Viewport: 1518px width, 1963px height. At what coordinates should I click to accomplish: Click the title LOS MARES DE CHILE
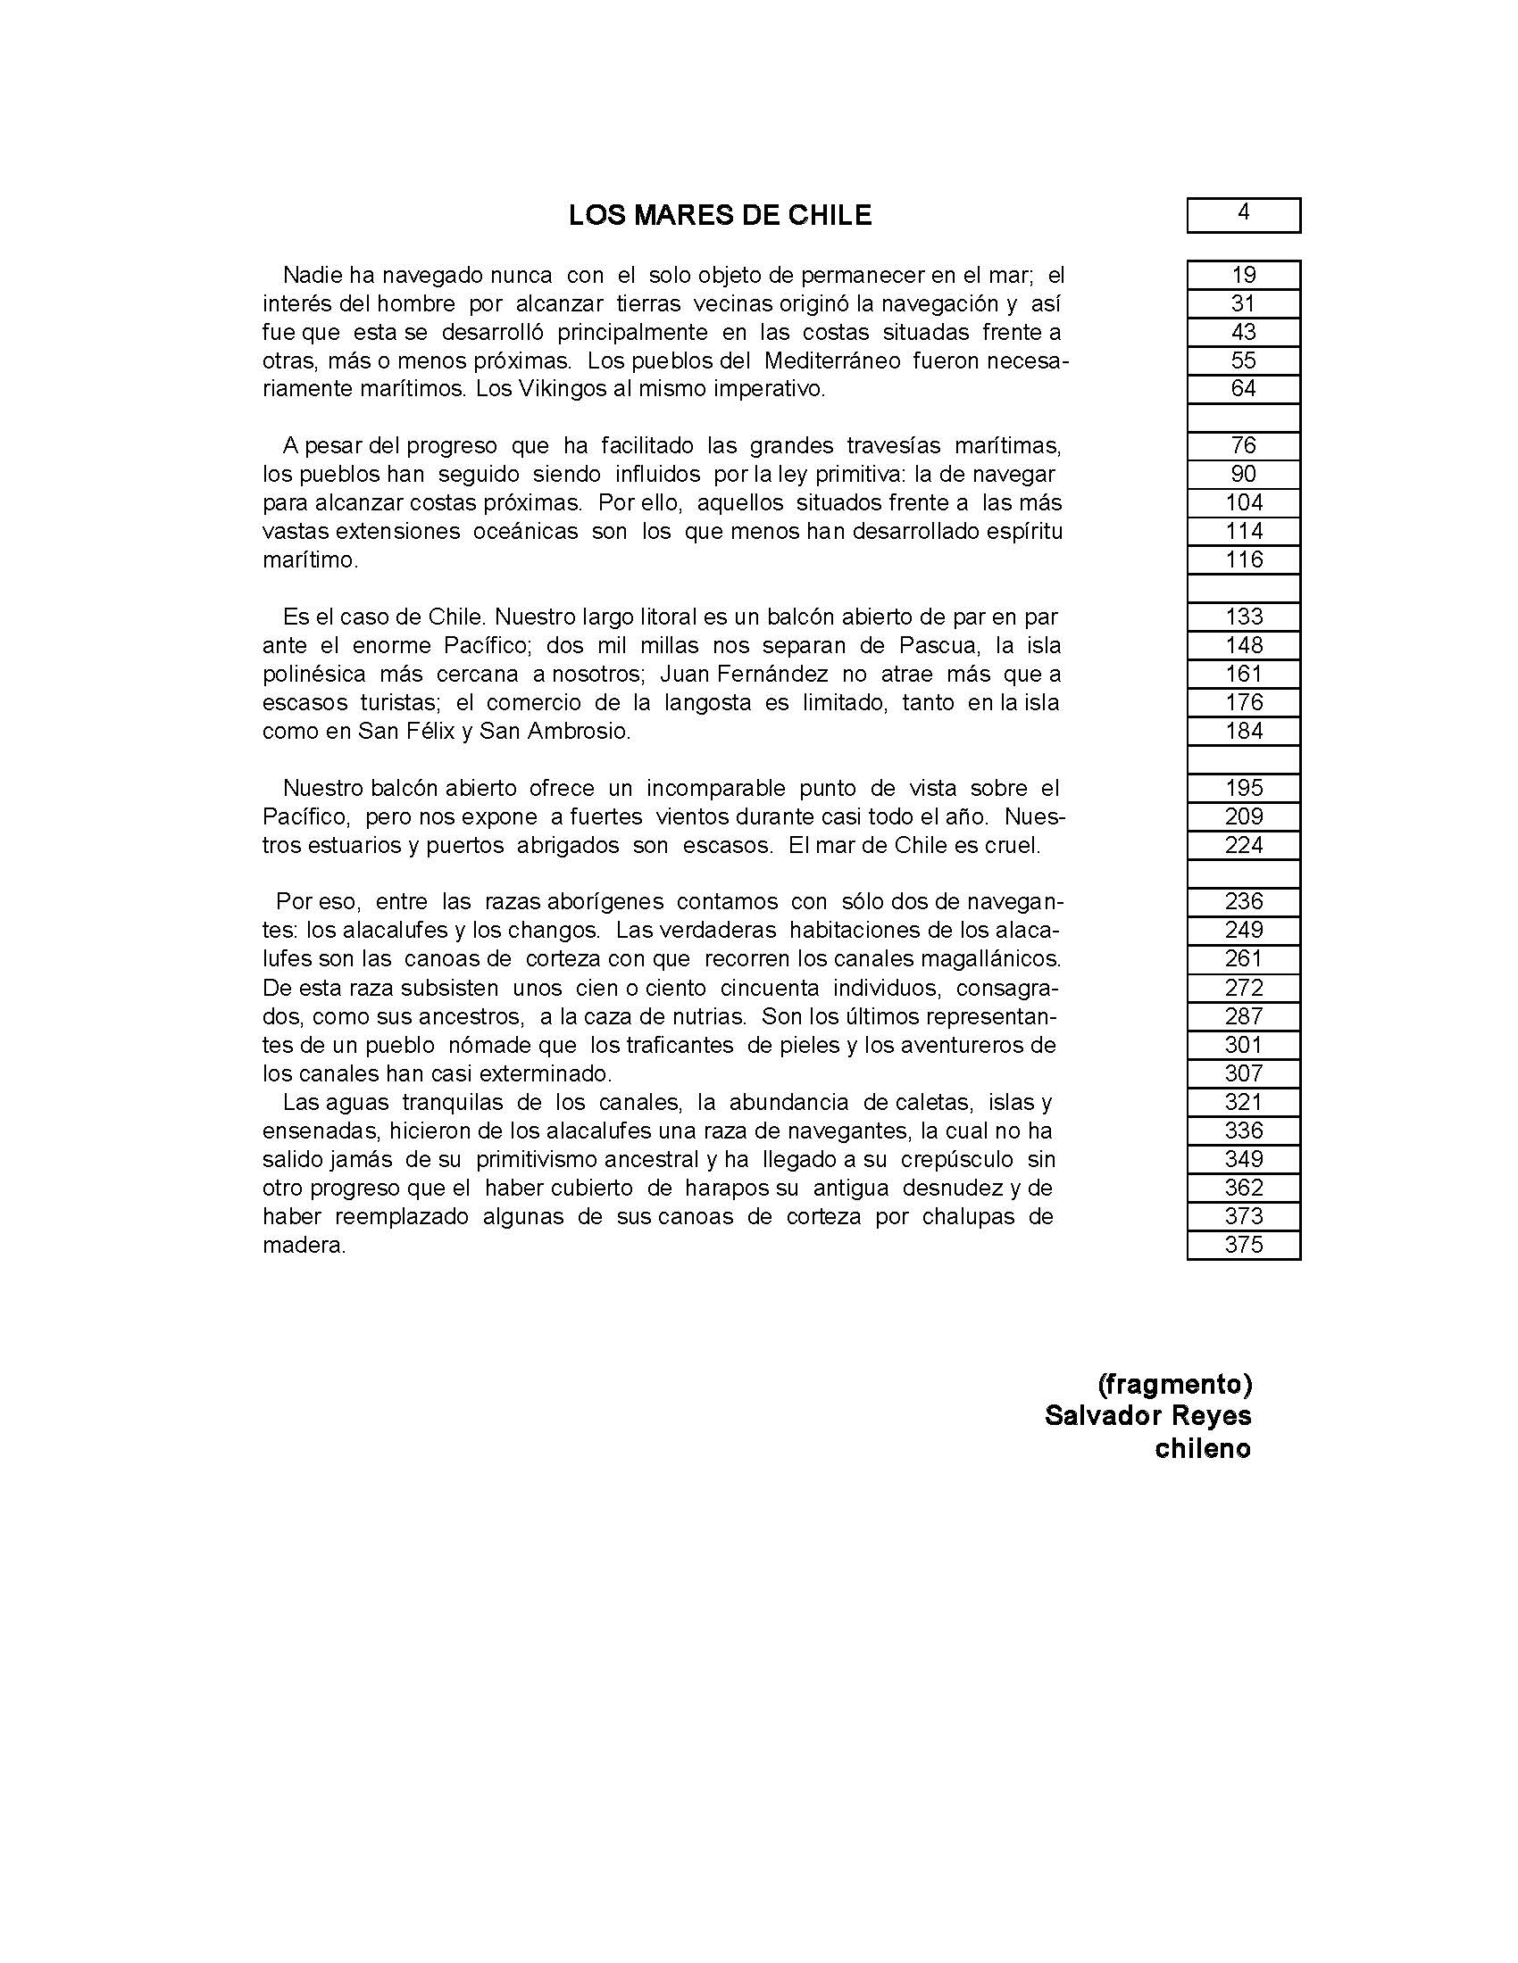click(x=720, y=216)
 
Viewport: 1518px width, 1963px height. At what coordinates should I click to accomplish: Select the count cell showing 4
click(x=1243, y=214)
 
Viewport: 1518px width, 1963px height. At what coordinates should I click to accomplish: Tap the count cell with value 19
click(x=1243, y=275)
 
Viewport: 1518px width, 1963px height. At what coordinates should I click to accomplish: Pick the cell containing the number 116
click(x=1243, y=560)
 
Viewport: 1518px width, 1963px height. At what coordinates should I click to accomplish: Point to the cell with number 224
click(x=1243, y=845)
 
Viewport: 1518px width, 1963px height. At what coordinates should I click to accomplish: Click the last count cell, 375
click(x=1243, y=1245)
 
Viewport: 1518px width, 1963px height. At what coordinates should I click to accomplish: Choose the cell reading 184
click(x=1243, y=731)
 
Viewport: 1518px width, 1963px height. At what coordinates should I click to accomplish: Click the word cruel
click(x=1012, y=846)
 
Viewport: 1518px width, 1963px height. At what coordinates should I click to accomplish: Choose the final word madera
click(x=304, y=1246)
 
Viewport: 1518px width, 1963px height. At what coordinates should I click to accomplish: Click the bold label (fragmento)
click(x=1174, y=1384)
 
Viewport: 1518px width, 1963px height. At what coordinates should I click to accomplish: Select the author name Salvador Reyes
click(x=1147, y=1416)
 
